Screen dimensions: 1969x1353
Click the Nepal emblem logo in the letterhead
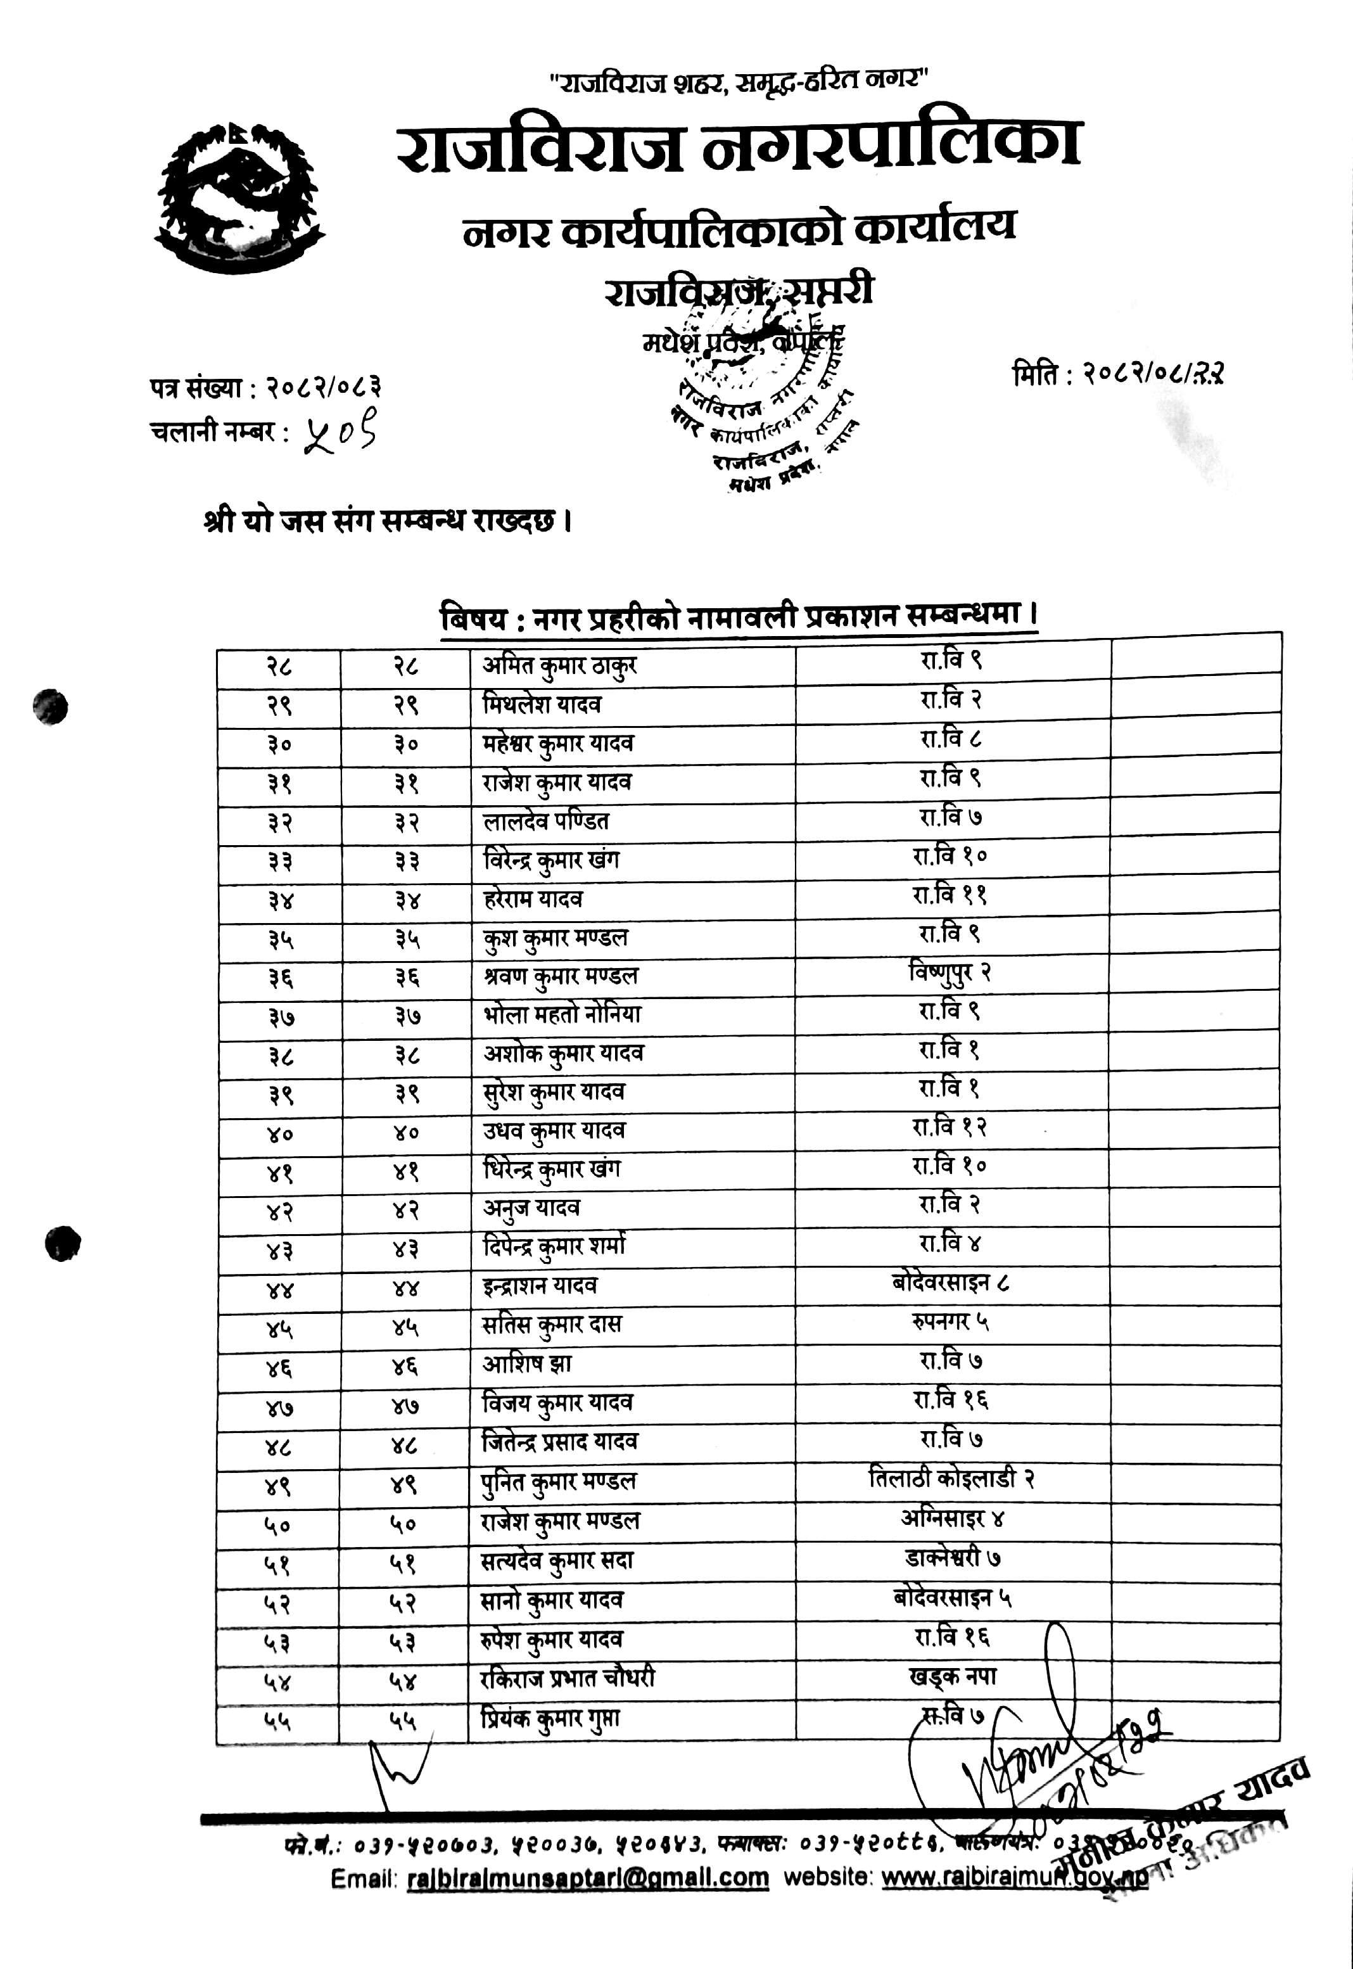click(x=240, y=198)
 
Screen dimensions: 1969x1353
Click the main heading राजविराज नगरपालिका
click(x=739, y=146)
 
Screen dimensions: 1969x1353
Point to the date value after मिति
click(x=1153, y=373)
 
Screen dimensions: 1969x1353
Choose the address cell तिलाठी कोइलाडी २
click(x=951, y=1479)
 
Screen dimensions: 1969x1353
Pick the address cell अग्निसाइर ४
click(x=952, y=1518)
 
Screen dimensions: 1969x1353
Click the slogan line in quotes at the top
click(x=739, y=81)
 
